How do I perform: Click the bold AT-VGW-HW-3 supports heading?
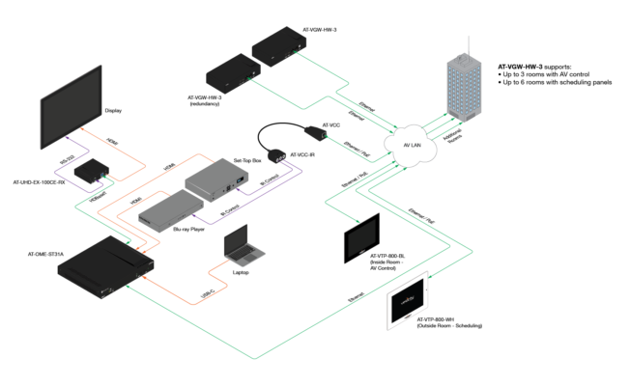[x=547, y=57]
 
